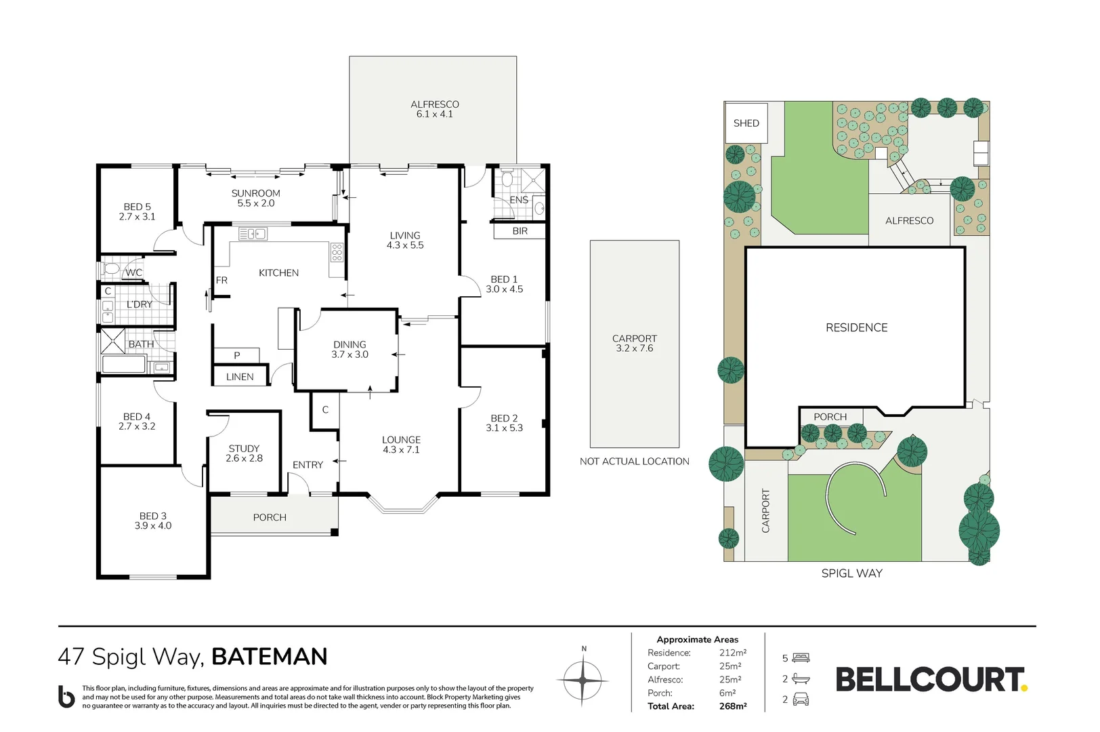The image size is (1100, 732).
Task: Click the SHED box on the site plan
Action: tap(746, 123)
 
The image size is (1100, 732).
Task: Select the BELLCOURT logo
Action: tap(931, 679)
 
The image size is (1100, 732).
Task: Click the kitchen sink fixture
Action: tap(253, 234)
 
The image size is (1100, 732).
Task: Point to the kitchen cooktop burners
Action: tap(337, 251)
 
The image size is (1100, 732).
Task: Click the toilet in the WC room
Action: tap(110, 268)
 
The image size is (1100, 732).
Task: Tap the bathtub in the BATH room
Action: tap(123, 365)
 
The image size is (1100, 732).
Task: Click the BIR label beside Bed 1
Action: tap(520, 231)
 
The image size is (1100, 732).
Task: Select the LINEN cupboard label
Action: tap(240, 377)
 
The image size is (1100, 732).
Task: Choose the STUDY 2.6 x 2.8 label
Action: tap(244, 453)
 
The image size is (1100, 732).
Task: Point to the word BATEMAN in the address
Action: tap(269, 656)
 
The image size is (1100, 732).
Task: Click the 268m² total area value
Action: tap(733, 706)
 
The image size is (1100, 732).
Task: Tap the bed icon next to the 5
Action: tap(801, 657)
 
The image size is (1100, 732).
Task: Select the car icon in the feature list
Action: tap(801, 699)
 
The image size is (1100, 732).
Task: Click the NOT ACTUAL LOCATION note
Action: tap(635, 462)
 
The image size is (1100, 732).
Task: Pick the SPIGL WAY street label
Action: tap(852, 573)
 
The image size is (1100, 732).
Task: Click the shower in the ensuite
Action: tap(532, 180)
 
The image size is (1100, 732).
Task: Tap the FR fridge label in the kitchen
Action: tap(221, 280)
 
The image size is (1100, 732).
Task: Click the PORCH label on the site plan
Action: tap(830, 417)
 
